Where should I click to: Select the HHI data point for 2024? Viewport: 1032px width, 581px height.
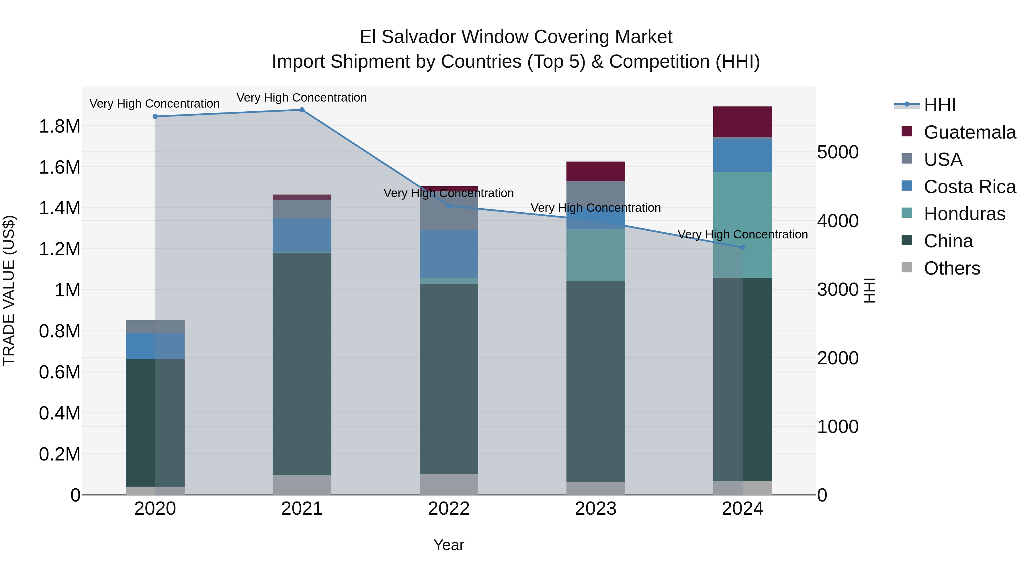tap(742, 247)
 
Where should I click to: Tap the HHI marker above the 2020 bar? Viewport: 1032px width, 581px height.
tap(155, 117)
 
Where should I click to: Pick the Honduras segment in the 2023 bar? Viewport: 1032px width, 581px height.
tap(596, 255)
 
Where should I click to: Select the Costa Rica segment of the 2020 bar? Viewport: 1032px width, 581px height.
tap(155, 346)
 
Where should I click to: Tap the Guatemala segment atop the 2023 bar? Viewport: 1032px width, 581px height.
tap(596, 172)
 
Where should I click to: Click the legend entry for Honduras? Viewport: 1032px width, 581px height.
tap(964, 214)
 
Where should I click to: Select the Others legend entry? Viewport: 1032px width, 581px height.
tap(951, 268)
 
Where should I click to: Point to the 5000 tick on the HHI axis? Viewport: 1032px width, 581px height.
tap(838, 152)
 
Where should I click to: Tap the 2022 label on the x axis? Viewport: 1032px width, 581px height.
tap(449, 509)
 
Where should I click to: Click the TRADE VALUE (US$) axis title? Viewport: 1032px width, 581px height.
tap(9, 290)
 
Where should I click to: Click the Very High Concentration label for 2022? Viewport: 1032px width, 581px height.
tap(449, 193)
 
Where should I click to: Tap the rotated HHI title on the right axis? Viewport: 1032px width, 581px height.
tap(869, 290)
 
